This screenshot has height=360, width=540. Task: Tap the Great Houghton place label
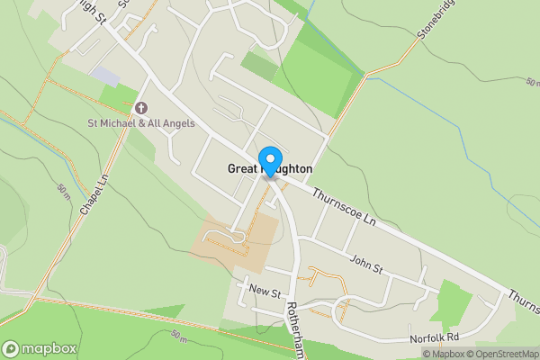pyautogui.click(x=269, y=168)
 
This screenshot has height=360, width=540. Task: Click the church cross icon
pyautogui.click(x=140, y=108)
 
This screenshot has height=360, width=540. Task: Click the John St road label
pyautogui.click(x=367, y=266)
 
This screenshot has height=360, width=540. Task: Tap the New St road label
pyautogui.click(x=265, y=293)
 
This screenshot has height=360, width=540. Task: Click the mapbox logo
pyautogui.click(x=39, y=348)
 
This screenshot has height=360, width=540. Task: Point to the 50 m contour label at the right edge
pyautogui.click(x=532, y=82)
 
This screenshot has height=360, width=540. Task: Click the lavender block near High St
pyautogui.click(x=104, y=76)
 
